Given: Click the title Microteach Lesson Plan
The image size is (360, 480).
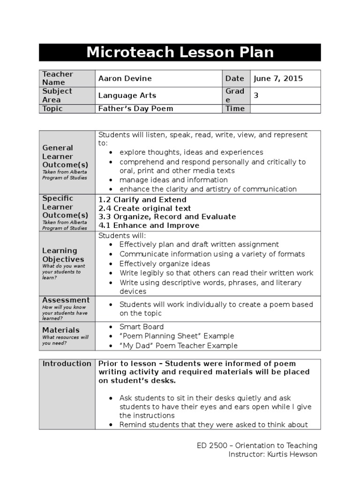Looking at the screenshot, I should [x=180, y=52].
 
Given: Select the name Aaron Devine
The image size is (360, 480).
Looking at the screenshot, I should [x=125, y=78].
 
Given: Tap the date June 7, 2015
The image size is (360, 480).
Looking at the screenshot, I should [x=278, y=78].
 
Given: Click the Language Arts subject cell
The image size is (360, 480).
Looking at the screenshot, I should [x=127, y=96].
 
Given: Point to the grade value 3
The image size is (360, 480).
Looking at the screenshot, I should [x=256, y=96].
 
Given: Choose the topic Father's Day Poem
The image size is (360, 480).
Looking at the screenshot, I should [x=135, y=109].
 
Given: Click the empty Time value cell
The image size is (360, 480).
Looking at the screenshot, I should [x=285, y=109].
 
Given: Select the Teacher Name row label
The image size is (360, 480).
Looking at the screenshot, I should [x=58, y=78].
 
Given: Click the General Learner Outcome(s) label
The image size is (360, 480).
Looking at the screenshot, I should [x=65, y=157].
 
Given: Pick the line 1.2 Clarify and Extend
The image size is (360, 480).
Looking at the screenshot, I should [x=142, y=200].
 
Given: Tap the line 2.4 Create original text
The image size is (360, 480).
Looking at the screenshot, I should [x=144, y=208].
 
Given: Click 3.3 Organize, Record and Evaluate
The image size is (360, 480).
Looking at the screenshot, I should [x=167, y=217].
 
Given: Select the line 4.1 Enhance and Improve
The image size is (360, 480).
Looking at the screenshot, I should [x=149, y=225].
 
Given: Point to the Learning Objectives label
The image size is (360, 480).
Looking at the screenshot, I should [x=63, y=255].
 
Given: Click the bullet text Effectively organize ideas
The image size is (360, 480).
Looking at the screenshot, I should [x=165, y=263].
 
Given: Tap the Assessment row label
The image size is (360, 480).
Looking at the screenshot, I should [x=66, y=300].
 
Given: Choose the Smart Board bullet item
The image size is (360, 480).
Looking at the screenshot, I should [x=142, y=327].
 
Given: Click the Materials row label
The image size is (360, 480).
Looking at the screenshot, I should [x=61, y=330].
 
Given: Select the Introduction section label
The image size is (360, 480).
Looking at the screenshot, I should [x=67, y=364].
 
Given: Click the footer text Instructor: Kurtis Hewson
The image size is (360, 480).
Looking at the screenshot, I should [x=272, y=454].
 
